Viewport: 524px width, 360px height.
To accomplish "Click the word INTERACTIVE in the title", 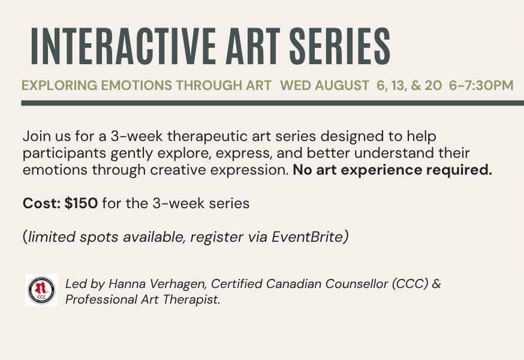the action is click(x=124, y=46).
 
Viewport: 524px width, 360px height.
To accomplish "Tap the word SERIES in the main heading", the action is click(x=339, y=46).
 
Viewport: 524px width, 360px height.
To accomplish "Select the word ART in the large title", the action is click(x=253, y=46).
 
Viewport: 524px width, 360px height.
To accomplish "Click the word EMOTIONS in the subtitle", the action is click(x=137, y=85).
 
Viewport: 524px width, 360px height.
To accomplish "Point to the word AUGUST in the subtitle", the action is click(x=342, y=85).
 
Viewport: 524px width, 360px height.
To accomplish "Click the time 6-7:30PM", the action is click(x=481, y=85).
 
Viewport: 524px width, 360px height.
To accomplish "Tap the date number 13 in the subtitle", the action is click(x=399, y=86).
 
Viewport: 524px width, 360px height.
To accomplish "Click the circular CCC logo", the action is click(x=41, y=290).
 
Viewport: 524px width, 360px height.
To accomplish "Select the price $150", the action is click(x=81, y=203).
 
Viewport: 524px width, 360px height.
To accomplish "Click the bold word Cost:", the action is click(x=42, y=203).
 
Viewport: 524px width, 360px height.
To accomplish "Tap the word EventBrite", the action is click(x=308, y=237).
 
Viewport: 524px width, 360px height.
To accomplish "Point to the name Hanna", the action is click(x=127, y=284).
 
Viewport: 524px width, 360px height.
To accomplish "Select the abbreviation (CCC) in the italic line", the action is click(x=410, y=284).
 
